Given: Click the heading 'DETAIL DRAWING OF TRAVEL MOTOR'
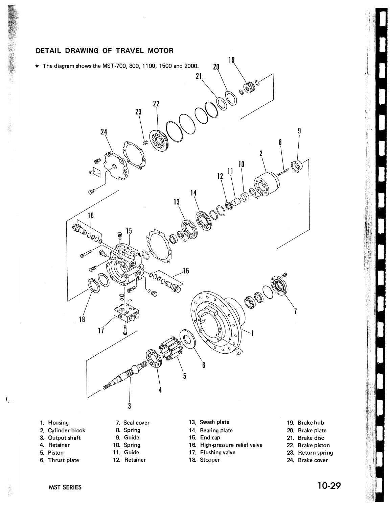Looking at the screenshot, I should [105, 51].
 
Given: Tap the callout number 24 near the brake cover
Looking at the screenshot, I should [104, 132].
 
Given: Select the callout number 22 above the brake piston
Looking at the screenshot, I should [156, 104].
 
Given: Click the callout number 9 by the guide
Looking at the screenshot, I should [299, 131].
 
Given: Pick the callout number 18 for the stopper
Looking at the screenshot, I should [82, 319].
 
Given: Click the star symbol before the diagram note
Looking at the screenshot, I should [38, 66].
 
